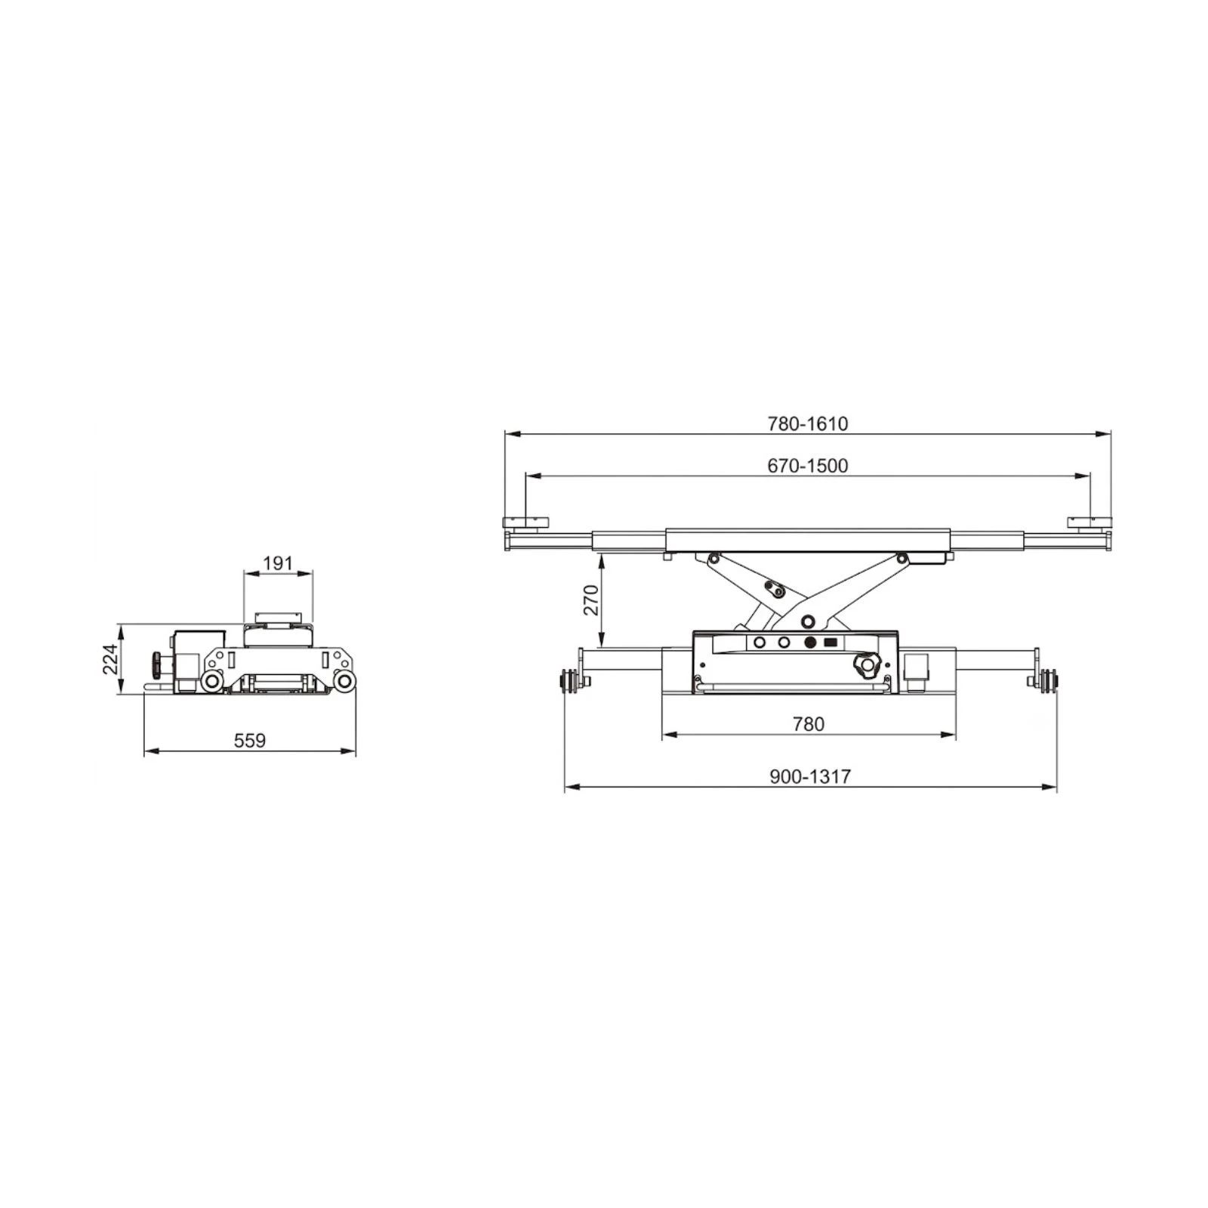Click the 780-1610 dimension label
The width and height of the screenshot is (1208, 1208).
coord(808,424)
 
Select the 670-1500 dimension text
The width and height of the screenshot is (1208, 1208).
coord(808,466)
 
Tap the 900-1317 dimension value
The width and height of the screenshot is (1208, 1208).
coord(810,776)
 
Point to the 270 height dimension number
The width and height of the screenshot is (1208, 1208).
coord(591,600)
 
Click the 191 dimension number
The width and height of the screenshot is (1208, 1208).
coord(277,563)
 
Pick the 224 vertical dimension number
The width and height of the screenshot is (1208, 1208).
coord(111,659)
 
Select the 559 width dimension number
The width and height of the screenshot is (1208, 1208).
coord(250,741)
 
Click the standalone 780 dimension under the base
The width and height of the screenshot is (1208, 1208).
coord(809,724)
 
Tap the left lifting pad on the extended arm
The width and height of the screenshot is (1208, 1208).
coord(526,522)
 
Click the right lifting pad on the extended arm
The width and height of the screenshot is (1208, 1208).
coord(1089,522)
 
